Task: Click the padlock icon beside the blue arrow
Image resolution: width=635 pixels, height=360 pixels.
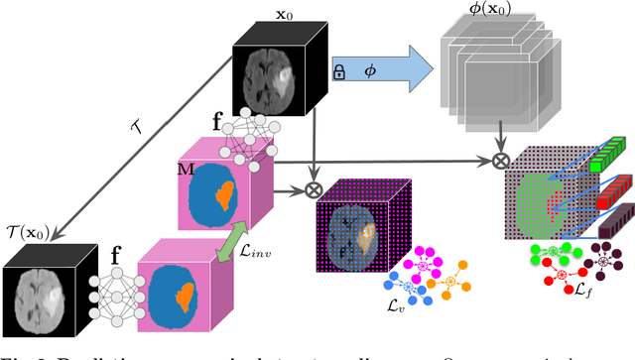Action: (x=339, y=72)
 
